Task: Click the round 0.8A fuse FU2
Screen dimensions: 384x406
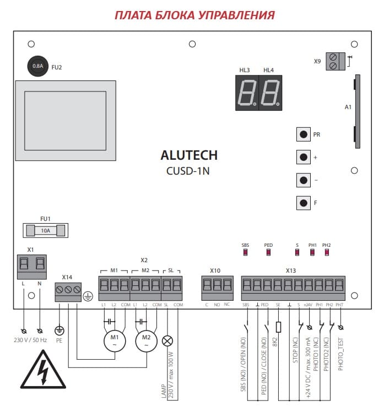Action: point(38,66)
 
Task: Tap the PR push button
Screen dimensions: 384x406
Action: point(303,134)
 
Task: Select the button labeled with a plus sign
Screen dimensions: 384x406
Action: point(303,157)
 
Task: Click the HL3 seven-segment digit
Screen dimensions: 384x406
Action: point(247,93)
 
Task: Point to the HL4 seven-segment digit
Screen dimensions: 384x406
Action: point(271,93)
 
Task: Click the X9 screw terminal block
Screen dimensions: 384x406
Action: point(336,61)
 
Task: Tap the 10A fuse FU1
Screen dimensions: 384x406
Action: point(46,230)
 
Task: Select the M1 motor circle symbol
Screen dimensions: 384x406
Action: point(115,341)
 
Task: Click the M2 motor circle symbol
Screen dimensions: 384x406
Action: point(147,341)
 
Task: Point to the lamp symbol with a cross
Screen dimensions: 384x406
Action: point(167,341)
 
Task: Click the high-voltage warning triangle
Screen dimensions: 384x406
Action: point(43,370)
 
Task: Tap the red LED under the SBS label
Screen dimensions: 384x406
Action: point(245,252)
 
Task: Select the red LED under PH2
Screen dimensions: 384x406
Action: point(327,252)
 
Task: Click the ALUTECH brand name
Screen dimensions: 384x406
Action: point(189,155)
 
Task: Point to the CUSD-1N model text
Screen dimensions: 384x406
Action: point(188,171)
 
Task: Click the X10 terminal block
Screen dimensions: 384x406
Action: point(217,288)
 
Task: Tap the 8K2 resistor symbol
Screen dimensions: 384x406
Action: point(278,327)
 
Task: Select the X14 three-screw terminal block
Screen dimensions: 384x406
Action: point(68,292)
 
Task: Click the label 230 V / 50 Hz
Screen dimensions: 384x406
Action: point(30,340)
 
